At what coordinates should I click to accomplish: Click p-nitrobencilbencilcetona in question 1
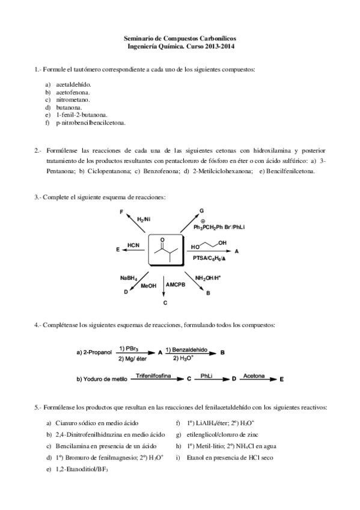[x=90, y=122]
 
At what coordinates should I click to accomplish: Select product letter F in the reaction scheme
[x=121, y=213]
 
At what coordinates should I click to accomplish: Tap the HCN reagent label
[x=133, y=245]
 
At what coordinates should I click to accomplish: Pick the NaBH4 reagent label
[x=129, y=277]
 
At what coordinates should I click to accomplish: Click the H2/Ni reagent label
[x=143, y=219]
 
